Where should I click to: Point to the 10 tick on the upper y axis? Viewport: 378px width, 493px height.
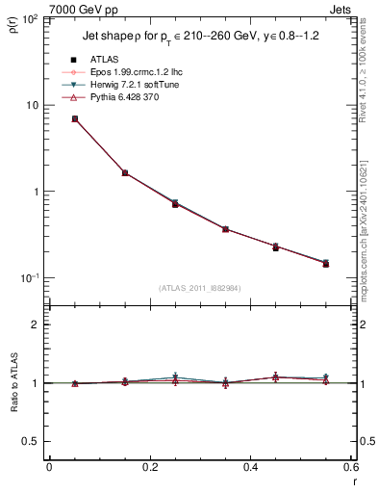pyautogui.click(x=34, y=105)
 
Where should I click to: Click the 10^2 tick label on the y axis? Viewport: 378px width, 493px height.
pyautogui.click(x=32, y=18)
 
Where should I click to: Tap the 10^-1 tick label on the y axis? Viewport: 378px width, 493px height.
pyautogui.click(x=32, y=277)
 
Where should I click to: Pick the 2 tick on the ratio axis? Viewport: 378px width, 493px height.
pyautogui.click(x=37, y=324)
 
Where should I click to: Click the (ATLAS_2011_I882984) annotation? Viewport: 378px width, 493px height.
pyautogui.click(x=200, y=287)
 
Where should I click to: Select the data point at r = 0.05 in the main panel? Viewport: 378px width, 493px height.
pyautogui.click(x=74, y=118)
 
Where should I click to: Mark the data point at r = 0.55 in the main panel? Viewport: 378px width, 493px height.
pyautogui.click(x=326, y=263)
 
